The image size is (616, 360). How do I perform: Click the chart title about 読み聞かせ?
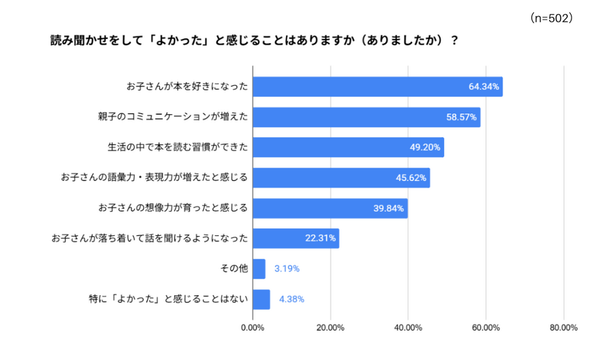click(x=254, y=40)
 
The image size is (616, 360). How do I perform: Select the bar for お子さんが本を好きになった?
click(x=377, y=87)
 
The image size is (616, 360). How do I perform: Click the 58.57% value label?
click(x=461, y=118)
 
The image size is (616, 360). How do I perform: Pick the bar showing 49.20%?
click(x=348, y=148)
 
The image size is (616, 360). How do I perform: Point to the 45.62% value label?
click(x=411, y=178)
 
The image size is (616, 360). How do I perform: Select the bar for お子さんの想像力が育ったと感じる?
click(x=330, y=208)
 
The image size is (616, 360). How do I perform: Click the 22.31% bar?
click(x=296, y=238)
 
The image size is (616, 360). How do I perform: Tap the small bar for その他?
click(x=259, y=269)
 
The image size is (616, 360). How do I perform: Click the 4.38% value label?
click(x=292, y=299)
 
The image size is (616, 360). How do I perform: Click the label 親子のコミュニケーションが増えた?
click(x=173, y=118)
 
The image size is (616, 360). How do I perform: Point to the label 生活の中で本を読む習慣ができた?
click(x=177, y=148)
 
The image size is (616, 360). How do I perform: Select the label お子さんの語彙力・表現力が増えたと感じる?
click(x=155, y=178)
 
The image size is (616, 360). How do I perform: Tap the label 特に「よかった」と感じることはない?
click(x=168, y=299)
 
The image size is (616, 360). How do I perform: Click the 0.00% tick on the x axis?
click(x=253, y=328)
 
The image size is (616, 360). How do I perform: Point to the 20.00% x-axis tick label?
click(x=331, y=328)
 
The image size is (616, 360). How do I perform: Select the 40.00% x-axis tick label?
click(x=408, y=328)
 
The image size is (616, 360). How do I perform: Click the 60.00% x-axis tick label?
click(x=486, y=328)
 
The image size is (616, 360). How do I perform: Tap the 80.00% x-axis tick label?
click(x=563, y=328)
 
